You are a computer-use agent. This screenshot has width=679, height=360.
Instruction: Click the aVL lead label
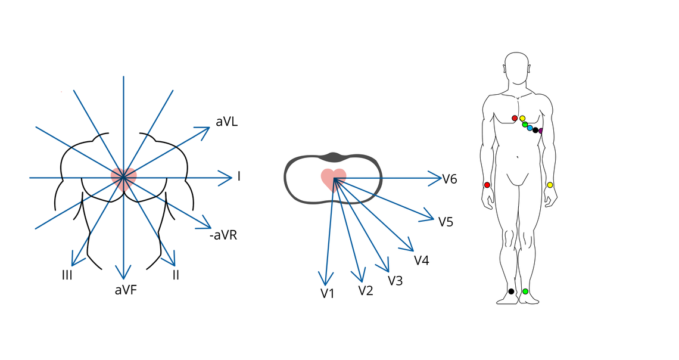pos(227,122)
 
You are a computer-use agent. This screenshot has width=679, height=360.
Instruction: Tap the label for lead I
pos(239,176)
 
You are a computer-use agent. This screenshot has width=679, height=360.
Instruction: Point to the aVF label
pos(126,290)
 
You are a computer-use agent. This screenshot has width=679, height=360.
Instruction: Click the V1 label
pos(327,293)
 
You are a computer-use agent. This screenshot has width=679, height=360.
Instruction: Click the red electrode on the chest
pos(515,118)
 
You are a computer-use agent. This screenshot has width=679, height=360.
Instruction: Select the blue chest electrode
pos(530,128)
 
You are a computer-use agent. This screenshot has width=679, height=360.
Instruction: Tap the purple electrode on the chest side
pos(541,131)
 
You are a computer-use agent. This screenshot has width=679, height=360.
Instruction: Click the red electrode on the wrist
pos(487,185)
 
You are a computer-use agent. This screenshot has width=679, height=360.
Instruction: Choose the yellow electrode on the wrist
pos(550,185)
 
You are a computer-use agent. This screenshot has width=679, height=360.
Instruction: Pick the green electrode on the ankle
pos(525,291)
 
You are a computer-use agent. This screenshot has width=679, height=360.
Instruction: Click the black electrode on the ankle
pos(511,291)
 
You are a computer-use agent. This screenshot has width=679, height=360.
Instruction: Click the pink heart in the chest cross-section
pos(334,178)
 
